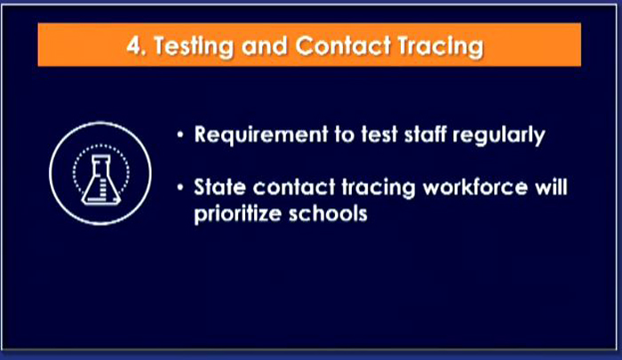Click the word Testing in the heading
click(x=194, y=47)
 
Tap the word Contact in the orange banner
click(x=343, y=45)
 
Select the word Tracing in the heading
click(x=441, y=47)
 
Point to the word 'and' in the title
click(x=264, y=45)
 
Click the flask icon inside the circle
click(x=100, y=180)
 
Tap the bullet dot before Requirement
click(x=180, y=135)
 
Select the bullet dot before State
click(x=180, y=188)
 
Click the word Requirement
click(x=261, y=135)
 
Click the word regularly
click(x=498, y=136)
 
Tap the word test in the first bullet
click(x=379, y=134)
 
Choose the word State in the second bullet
click(x=219, y=187)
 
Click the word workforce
click(x=475, y=187)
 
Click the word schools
click(x=328, y=213)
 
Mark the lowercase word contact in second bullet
click(x=294, y=187)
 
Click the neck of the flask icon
click(x=100, y=164)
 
